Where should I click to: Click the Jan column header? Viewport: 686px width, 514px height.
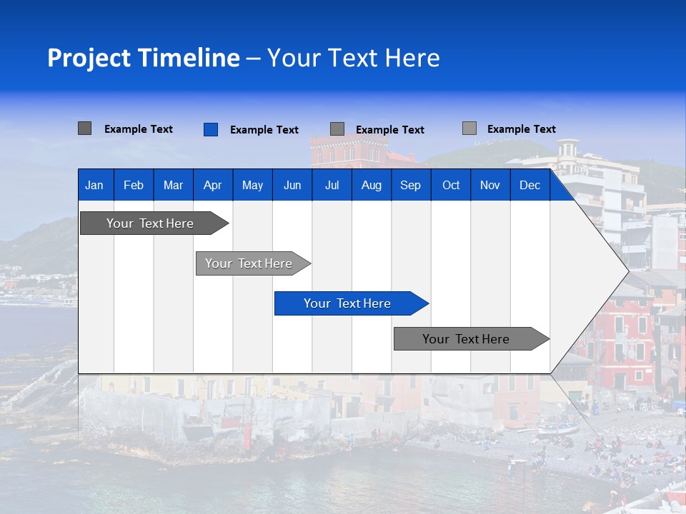94,186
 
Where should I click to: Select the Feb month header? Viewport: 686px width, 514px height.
134,186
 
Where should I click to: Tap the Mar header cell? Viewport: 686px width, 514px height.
173,186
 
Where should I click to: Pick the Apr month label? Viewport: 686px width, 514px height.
212,186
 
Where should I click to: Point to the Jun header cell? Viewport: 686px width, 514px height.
292,186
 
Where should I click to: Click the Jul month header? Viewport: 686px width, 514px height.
332,186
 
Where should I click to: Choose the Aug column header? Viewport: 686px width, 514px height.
372,186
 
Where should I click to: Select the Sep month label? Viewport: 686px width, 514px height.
411,186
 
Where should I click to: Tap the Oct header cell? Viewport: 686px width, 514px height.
451,186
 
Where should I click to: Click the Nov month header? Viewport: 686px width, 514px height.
490,186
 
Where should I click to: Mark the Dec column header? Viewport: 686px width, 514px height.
530,186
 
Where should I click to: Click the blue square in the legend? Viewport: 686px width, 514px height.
211,129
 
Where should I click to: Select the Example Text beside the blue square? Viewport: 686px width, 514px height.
264,130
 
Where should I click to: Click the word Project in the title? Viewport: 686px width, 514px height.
89,58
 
